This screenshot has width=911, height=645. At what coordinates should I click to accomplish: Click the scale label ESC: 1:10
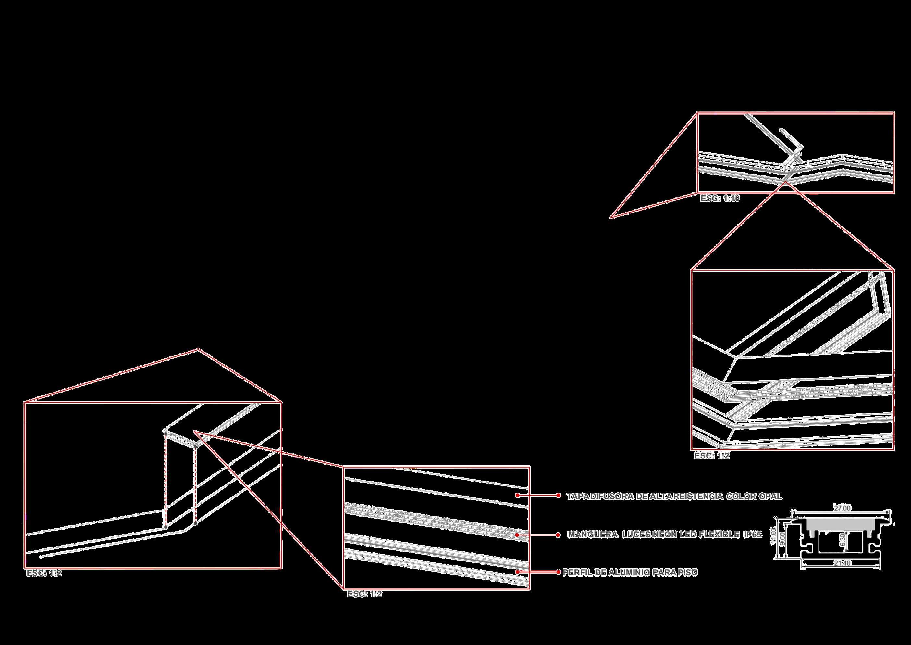click(720, 198)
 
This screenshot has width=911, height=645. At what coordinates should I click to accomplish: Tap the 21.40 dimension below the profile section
click(842, 563)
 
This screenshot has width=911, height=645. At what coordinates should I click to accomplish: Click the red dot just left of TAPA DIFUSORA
click(558, 495)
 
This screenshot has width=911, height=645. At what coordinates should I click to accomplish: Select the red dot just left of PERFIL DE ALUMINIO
click(559, 572)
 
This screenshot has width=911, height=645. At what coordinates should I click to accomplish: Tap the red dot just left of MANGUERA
click(558, 535)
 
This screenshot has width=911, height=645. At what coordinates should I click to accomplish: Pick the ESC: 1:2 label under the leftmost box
click(44, 574)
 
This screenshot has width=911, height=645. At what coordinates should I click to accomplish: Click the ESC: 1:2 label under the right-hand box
click(711, 456)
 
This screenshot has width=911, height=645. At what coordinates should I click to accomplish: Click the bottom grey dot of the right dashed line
click(195, 523)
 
